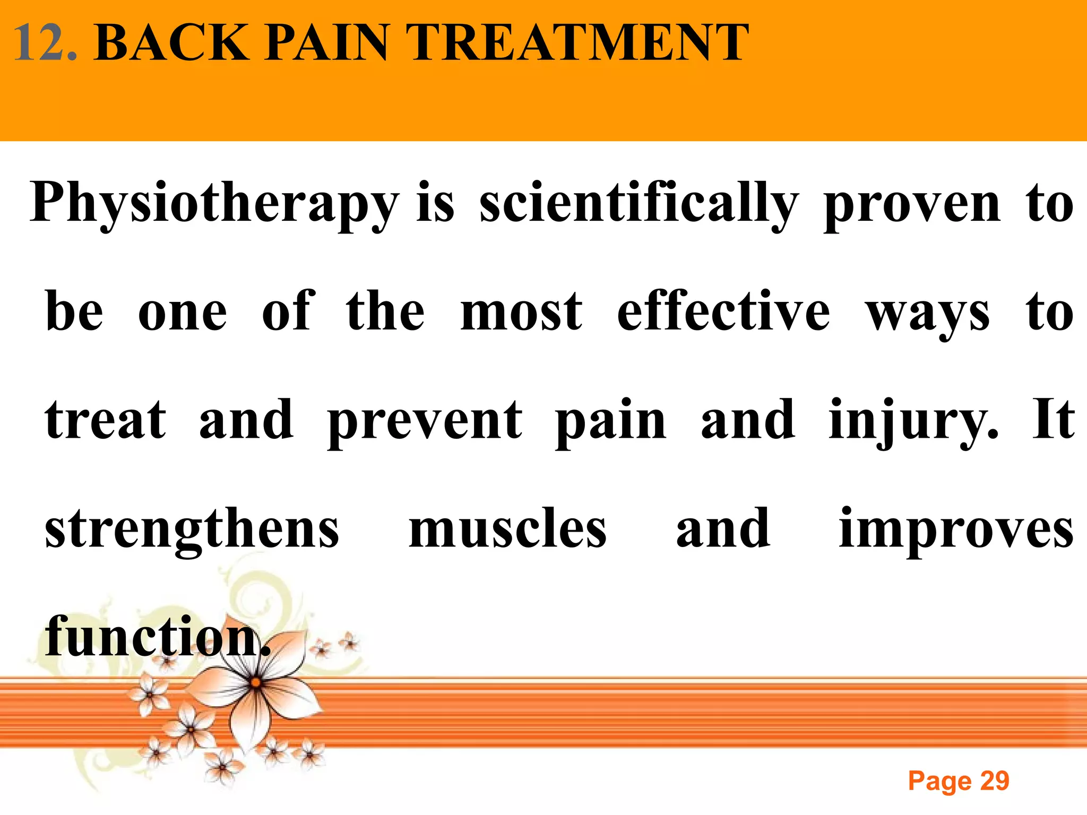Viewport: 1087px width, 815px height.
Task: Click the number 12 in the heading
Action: pos(45,44)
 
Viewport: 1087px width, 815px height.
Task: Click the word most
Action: pos(521,313)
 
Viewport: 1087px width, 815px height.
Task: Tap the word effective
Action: pos(723,313)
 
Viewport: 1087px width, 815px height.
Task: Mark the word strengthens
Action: pos(192,530)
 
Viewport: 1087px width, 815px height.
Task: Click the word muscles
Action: pos(507,530)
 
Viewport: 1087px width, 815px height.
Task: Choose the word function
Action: pos(157,637)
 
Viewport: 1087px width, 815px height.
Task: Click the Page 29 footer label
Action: pos(959,781)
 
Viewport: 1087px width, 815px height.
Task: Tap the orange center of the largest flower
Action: pos(256,682)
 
